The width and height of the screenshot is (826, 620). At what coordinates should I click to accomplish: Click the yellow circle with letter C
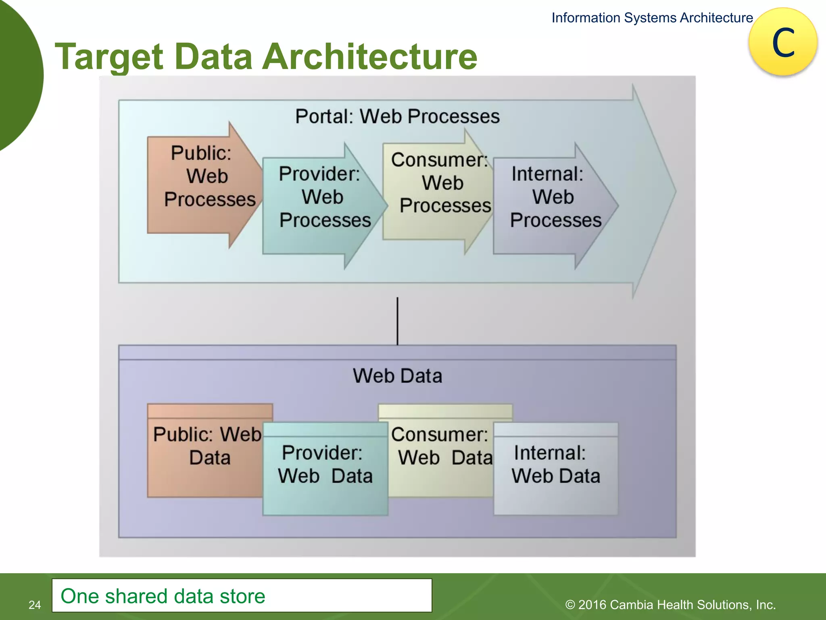[783, 42]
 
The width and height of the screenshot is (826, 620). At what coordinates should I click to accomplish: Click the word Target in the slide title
[108, 57]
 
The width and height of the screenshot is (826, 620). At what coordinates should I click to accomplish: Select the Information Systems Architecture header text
[652, 18]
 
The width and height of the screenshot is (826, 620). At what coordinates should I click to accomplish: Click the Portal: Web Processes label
[397, 116]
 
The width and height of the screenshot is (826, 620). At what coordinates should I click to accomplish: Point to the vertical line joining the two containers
[397, 321]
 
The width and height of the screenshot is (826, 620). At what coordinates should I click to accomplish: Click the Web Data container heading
[397, 375]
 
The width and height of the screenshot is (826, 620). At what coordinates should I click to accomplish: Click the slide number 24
[35, 605]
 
